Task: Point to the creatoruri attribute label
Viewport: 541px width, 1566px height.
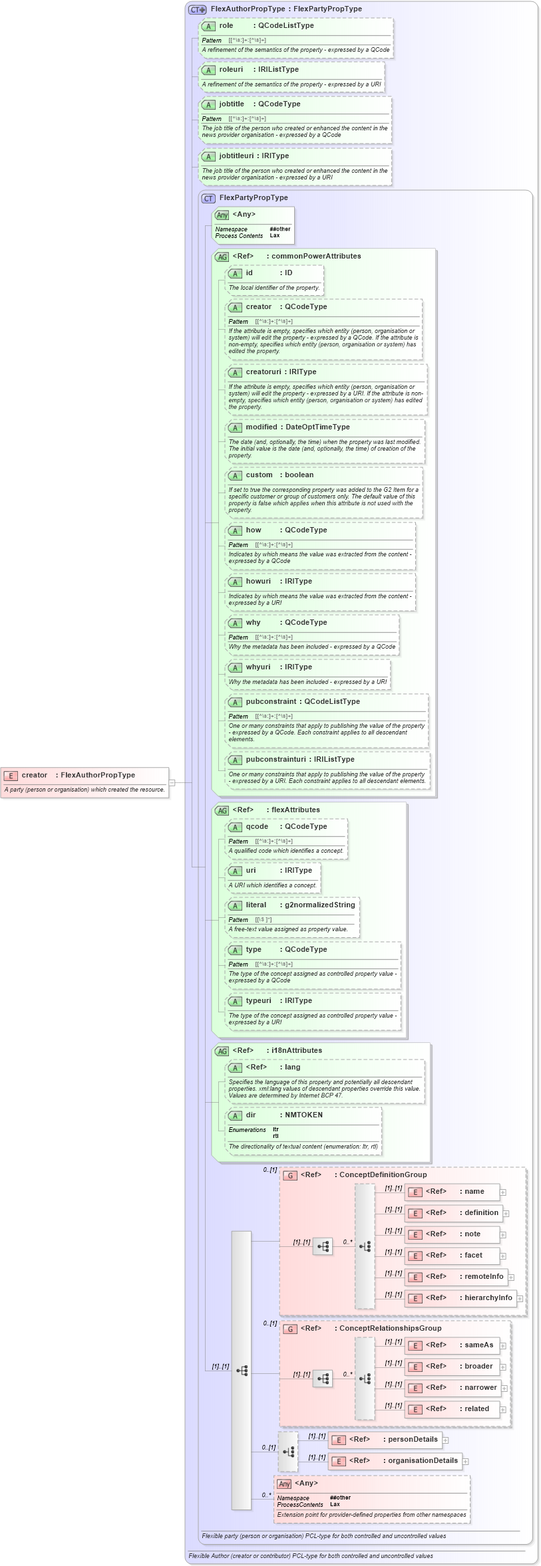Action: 264,372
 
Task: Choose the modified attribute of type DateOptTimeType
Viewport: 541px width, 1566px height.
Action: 262,427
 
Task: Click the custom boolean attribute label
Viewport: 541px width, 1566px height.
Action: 260,475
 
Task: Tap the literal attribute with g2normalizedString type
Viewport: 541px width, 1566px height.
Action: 256,905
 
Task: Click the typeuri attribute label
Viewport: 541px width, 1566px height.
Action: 259,1000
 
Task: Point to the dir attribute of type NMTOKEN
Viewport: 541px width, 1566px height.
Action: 251,1115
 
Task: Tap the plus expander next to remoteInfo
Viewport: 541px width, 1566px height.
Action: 512,1276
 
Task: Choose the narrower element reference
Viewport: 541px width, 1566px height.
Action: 480,1387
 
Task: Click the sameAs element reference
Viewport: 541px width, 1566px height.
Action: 479,1345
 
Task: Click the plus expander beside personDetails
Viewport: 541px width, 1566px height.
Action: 446,1440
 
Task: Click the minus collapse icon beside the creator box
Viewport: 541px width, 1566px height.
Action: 172,782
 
